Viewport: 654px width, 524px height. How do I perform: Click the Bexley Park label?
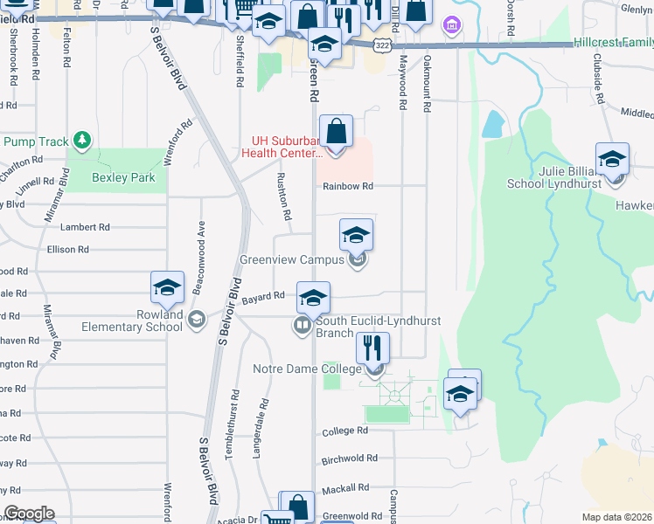pyautogui.click(x=123, y=177)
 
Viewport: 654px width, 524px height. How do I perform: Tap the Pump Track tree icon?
pyautogui.click(x=82, y=140)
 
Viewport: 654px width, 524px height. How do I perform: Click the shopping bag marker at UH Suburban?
pyautogui.click(x=337, y=133)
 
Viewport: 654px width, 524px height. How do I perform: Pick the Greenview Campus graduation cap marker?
pyautogui.click(x=356, y=236)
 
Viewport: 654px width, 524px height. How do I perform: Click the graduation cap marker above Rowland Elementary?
pyautogui.click(x=168, y=287)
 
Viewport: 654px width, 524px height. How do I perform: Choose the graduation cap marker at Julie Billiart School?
pyautogui.click(x=612, y=160)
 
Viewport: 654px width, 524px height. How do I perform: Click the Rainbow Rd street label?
pyautogui.click(x=348, y=186)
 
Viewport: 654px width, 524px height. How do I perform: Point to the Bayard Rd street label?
pyautogui.click(x=264, y=296)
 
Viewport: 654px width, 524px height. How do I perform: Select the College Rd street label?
pyautogui.click(x=344, y=431)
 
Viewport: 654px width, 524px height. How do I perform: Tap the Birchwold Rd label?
pyautogui.click(x=350, y=458)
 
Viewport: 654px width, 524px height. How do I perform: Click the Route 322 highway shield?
pyautogui.click(x=381, y=44)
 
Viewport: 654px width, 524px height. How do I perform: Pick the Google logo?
pyautogui.click(x=28, y=514)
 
